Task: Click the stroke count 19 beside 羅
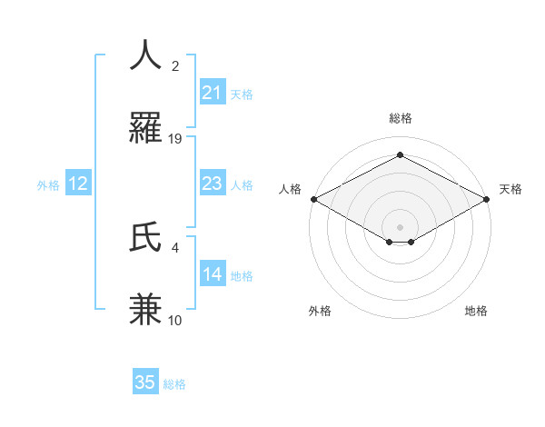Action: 175,139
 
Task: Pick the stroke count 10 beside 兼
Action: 175,320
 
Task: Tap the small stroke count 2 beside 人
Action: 175,66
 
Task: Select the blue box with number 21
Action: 212,92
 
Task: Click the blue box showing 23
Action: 212,184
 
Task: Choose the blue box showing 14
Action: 212,273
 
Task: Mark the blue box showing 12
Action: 78,184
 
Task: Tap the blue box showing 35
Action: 145,382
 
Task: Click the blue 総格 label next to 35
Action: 174,384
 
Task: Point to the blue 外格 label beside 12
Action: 48,185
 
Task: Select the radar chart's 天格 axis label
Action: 511,189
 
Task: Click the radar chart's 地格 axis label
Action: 476,311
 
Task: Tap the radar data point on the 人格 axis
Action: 313,199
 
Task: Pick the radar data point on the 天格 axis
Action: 488,199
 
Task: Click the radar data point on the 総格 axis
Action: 400,155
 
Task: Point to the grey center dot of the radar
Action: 400,225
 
